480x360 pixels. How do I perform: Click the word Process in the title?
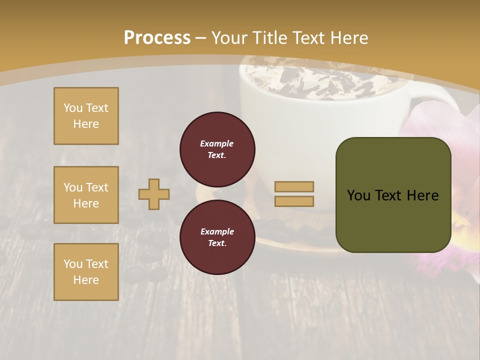pos(157,37)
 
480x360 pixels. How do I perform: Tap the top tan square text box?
pos(86,116)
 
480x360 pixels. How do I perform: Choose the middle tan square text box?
pos(86,195)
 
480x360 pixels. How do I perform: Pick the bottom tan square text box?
pos(86,272)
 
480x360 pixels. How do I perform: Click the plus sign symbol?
pos(154,194)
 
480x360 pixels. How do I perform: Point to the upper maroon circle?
pos(217,149)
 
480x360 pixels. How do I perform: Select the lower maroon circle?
pos(217,237)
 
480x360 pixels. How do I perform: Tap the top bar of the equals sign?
pos(294,186)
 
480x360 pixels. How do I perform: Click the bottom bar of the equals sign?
pos(294,201)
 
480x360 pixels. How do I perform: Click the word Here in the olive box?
pos(422,195)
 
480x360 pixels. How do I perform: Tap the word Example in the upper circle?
pos(217,143)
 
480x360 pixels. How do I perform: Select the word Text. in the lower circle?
pos(217,243)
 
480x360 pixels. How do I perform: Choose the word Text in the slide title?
pos(311,37)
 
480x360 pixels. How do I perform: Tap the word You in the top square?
pos(73,108)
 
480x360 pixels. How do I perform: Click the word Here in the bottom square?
pos(86,280)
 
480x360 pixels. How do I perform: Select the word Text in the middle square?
pos(97,187)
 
